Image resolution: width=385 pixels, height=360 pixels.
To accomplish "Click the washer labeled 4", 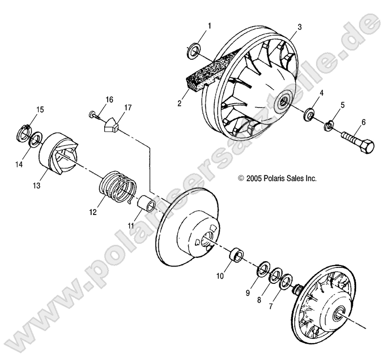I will pyautogui.click(x=307, y=115).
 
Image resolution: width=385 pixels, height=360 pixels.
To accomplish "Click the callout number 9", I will pyautogui.click(x=248, y=293).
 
